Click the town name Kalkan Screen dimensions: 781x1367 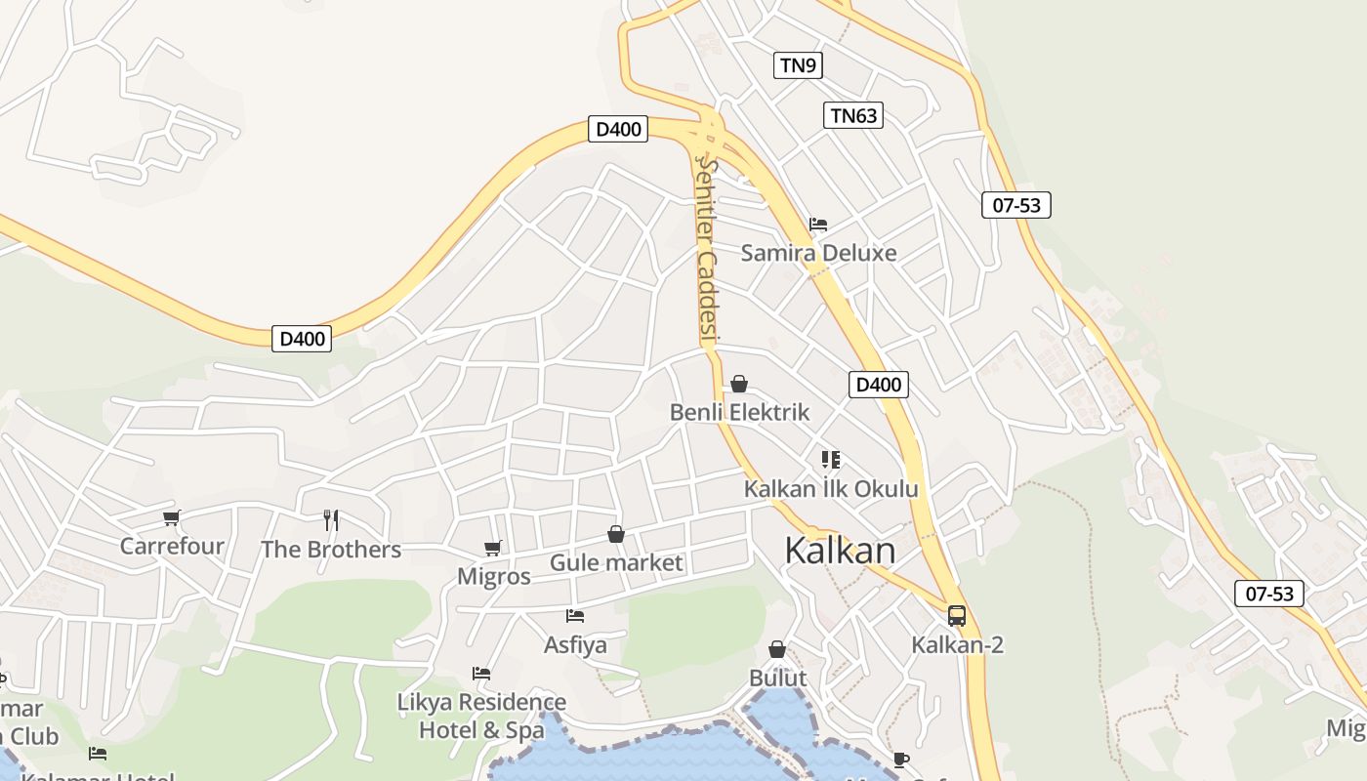click(840, 551)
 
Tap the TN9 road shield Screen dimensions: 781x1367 click(799, 65)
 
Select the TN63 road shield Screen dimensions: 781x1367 click(852, 115)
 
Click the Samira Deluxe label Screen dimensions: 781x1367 click(818, 253)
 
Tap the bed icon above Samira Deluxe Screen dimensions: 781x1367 click(818, 225)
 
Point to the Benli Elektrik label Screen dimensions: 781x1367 click(739, 412)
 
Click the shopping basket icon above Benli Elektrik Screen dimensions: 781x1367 click(739, 385)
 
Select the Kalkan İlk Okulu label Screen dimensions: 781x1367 click(831, 488)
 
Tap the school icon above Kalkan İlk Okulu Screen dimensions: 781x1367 click(830, 459)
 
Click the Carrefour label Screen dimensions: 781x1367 click(172, 546)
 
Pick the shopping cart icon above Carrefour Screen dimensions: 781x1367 click(172, 517)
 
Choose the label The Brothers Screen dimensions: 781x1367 click(331, 550)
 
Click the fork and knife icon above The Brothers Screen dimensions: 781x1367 click(331, 519)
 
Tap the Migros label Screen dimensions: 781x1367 click(494, 576)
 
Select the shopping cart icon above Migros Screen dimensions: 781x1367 click(493, 548)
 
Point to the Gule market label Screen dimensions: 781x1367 click(616, 562)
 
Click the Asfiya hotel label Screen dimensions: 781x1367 click(575, 644)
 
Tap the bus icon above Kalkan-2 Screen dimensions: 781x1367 click(957, 616)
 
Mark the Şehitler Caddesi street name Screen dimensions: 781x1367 click(707, 252)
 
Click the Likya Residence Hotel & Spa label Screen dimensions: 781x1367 click(481, 716)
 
